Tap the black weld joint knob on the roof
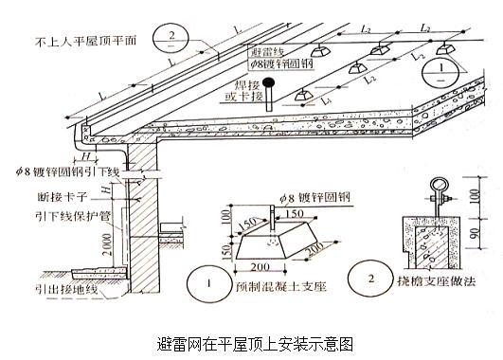(270, 82)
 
